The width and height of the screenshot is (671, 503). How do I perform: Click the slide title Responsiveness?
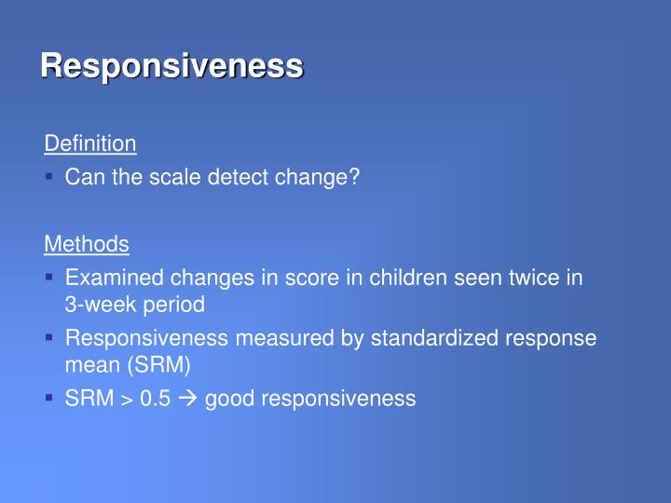(171, 66)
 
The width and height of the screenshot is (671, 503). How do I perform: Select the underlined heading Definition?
(90, 143)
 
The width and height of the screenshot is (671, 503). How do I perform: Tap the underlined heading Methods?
(87, 244)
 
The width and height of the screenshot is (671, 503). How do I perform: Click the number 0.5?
(155, 399)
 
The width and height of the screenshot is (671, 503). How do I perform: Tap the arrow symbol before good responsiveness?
(187, 399)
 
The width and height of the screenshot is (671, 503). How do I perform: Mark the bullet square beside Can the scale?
(49, 177)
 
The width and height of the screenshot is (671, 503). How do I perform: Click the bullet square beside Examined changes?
(49, 278)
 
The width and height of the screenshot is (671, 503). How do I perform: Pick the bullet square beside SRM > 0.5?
(49, 398)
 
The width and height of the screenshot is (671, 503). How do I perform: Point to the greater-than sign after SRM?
(125, 400)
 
